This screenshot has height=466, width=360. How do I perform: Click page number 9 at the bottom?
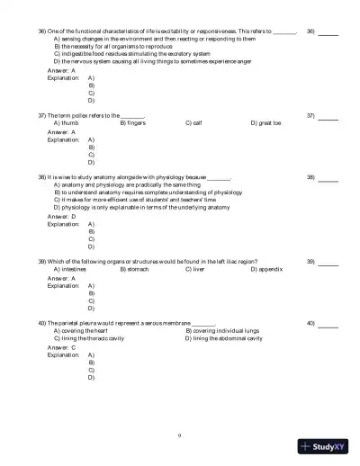click(180, 435)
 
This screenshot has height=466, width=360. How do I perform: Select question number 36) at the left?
click(42, 31)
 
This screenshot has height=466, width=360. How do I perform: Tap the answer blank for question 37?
click(328, 117)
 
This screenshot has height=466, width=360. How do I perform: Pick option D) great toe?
click(266, 123)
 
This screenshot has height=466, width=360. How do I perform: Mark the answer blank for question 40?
click(328, 323)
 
